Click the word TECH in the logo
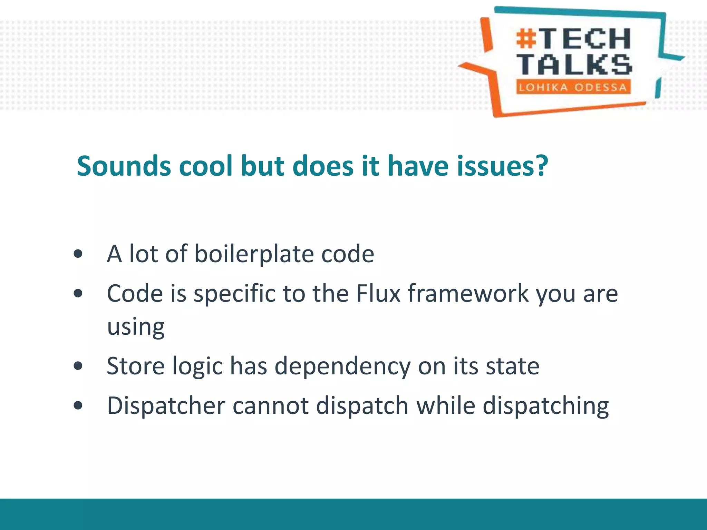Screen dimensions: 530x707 (586, 39)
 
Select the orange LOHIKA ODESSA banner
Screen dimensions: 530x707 (573, 87)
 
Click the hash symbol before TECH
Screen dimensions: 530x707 (526, 39)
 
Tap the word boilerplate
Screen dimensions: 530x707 (254, 254)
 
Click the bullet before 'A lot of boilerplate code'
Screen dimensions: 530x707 (78, 254)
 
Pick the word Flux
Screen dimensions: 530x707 (378, 294)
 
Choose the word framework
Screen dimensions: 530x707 (468, 294)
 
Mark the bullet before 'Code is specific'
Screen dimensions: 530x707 (78, 294)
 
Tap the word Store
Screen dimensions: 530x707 (136, 366)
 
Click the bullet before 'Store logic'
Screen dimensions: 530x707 (78, 366)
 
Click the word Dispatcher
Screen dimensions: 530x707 (166, 406)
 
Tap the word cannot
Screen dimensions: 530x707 (271, 406)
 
